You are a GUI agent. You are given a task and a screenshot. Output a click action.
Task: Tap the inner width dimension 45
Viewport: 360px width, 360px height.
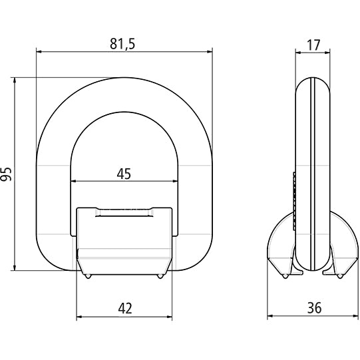tap(124, 174)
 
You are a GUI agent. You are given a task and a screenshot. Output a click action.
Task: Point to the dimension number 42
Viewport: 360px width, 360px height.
tap(124, 307)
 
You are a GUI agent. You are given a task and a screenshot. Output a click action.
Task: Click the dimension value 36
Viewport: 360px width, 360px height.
tap(313, 307)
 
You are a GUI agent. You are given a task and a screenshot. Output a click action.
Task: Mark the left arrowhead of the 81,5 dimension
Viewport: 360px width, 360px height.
tap(39, 51)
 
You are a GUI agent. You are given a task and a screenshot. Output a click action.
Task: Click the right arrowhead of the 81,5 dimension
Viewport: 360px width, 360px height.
tap(210, 51)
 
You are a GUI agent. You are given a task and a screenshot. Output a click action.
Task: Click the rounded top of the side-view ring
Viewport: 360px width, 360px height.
tap(312, 83)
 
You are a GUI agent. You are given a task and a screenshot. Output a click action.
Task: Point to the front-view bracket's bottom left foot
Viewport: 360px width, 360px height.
tap(86, 272)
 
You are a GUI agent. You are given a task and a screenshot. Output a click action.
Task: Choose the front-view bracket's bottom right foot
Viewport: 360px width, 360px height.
tap(162, 272)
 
